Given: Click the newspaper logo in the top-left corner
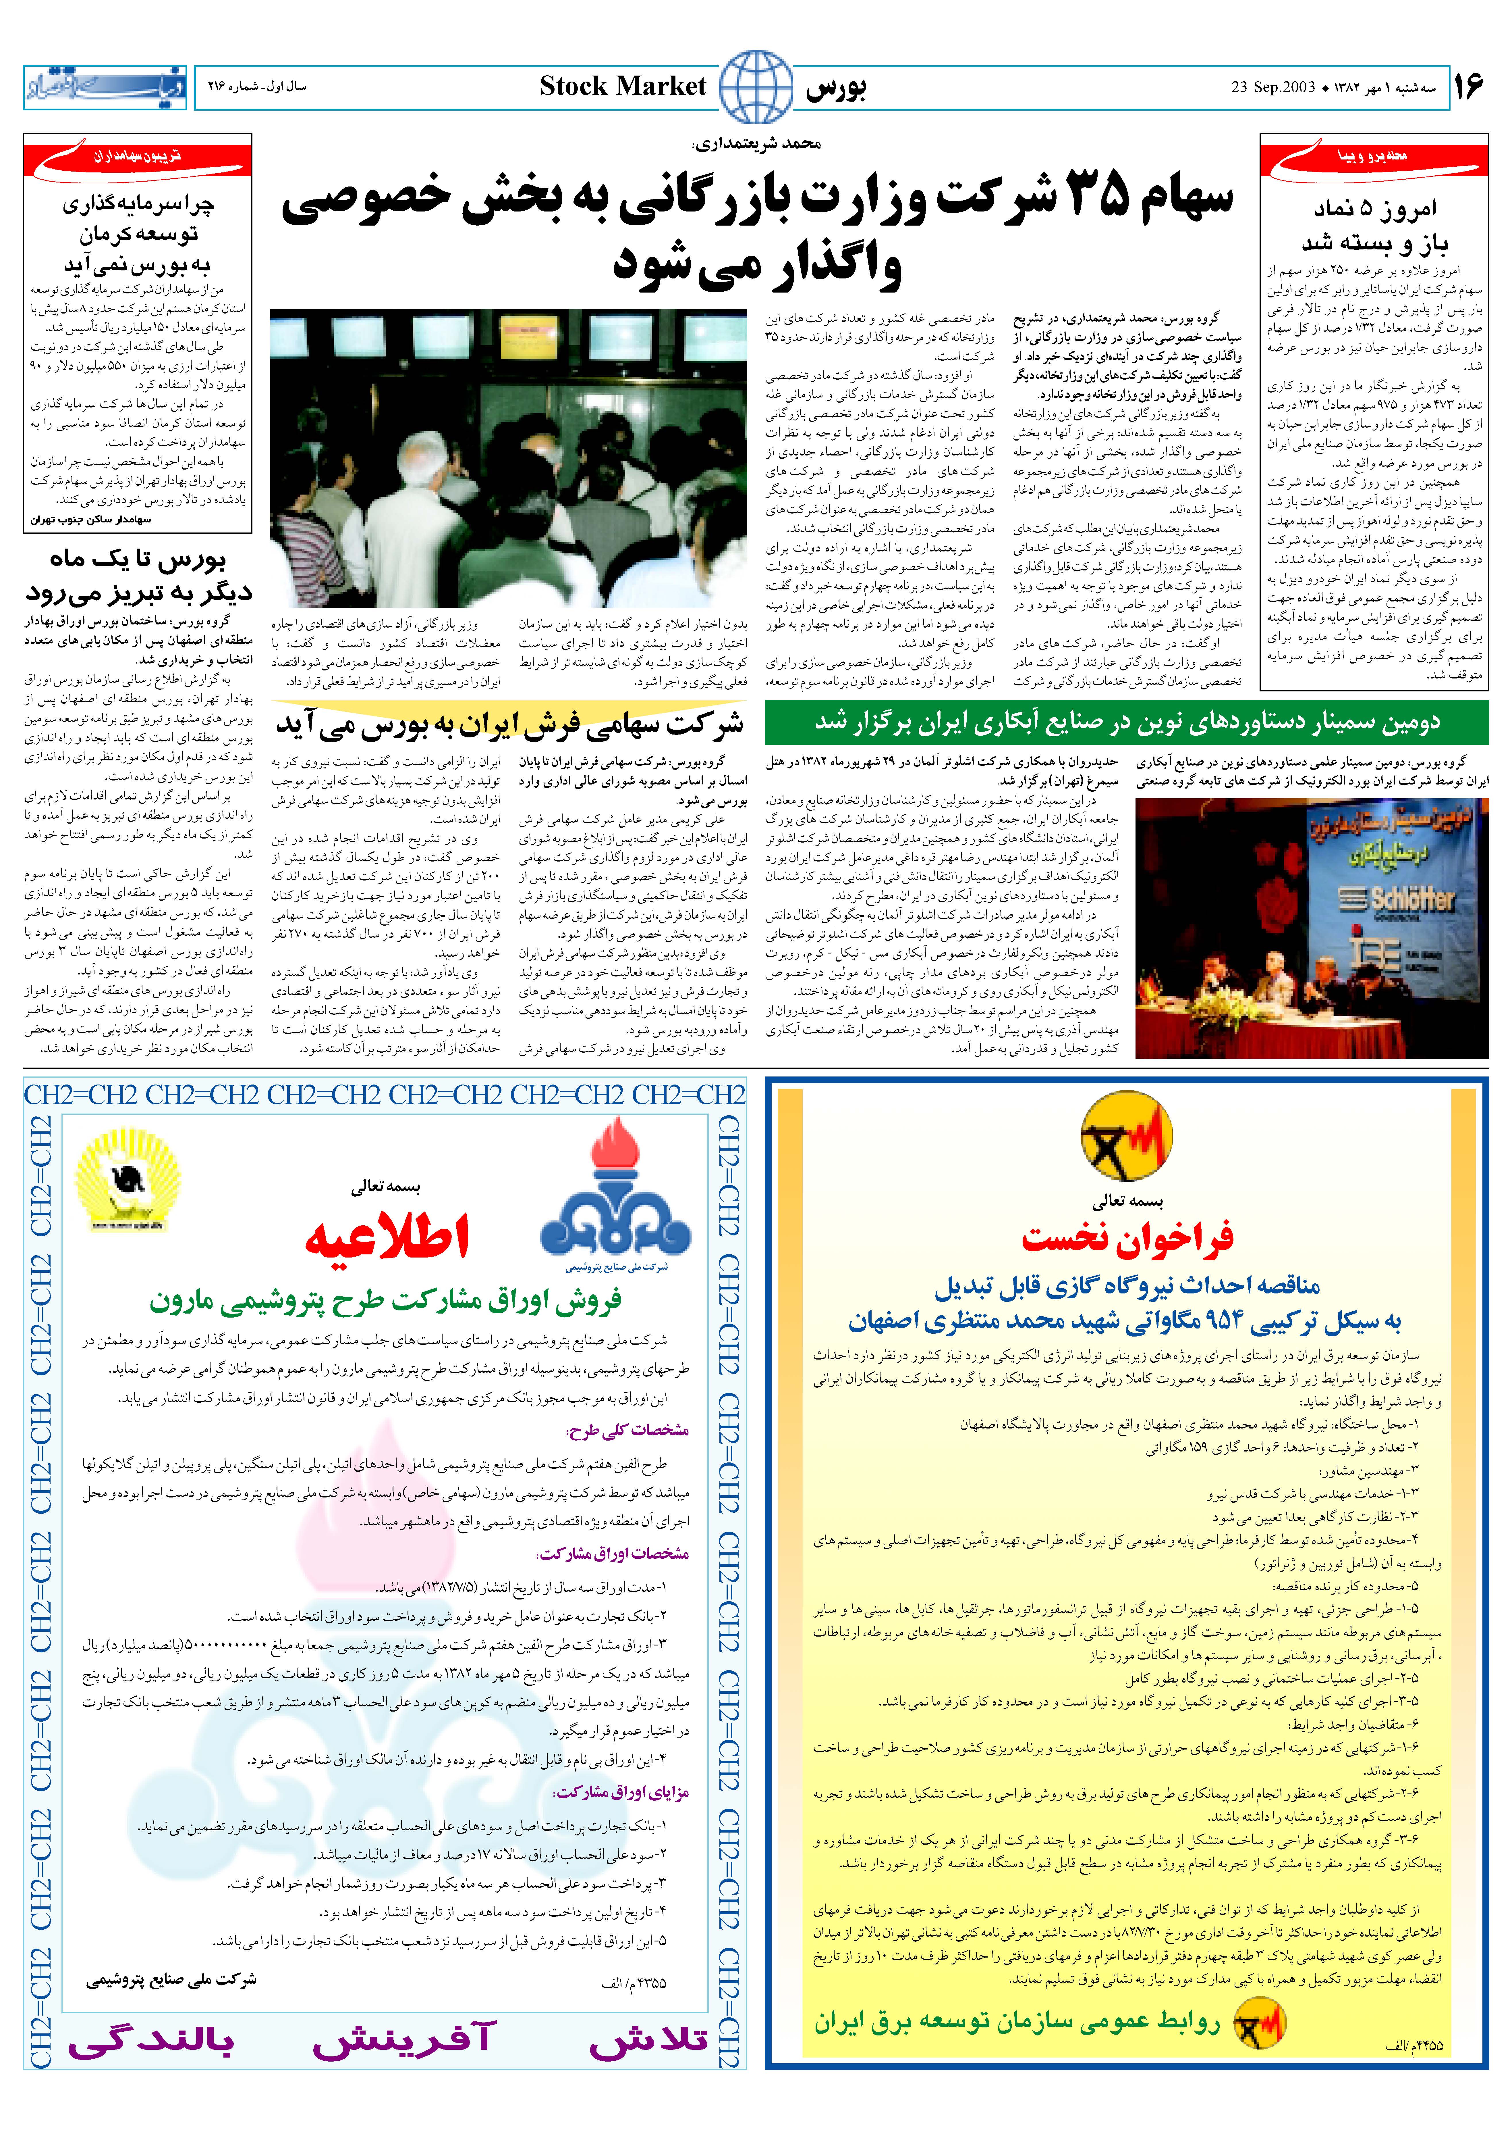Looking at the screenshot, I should pos(104,88).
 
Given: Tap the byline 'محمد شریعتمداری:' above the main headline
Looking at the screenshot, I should pos(756,143).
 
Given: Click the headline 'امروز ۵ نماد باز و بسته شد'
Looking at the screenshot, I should pos(1374,225).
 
